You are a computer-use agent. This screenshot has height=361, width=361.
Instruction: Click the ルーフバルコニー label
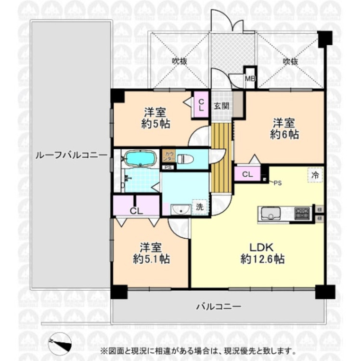pyautogui.click(x=71, y=155)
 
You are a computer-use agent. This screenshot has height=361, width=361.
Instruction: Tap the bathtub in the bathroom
pyautogui.click(x=139, y=158)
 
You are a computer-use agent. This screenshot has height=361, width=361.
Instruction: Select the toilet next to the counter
pyautogui.click(x=186, y=158)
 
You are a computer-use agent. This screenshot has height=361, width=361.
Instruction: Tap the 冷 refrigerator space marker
pyautogui.click(x=315, y=175)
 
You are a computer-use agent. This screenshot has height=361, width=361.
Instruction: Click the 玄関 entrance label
pyautogui.click(x=221, y=106)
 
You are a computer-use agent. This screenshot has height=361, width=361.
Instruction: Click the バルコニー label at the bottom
pyautogui.click(x=218, y=306)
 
